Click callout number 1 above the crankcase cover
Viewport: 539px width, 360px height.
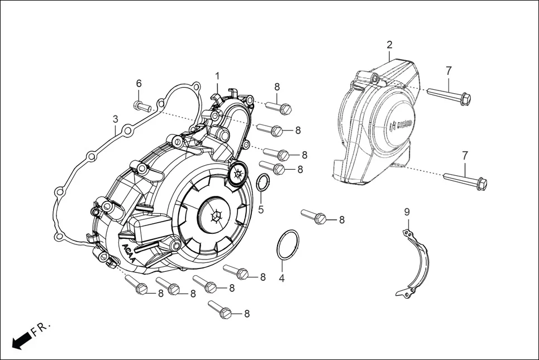[x=218, y=76]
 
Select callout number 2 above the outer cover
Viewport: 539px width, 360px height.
[x=389, y=45]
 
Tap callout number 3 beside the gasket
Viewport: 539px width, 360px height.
[x=115, y=119]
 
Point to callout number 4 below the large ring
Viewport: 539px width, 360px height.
[x=282, y=277]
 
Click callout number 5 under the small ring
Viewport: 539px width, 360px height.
[x=261, y=210]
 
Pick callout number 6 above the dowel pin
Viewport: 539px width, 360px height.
[x=139, y=84]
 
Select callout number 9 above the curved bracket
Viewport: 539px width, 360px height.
[x=407, y=212]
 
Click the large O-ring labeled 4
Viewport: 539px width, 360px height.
[x=288, y=244]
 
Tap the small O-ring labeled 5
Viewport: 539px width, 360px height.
[x=263, y=182]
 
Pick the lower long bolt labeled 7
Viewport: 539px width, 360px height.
[x=465, y=180]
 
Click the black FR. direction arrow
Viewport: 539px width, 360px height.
[x=21, y=340]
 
